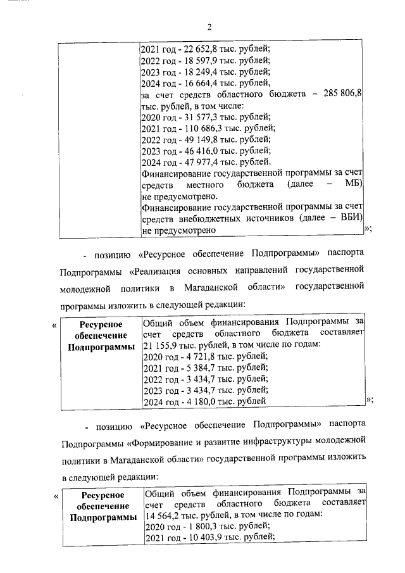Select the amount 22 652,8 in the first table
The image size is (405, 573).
tap(199, 49)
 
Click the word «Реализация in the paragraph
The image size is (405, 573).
tap(158, 272)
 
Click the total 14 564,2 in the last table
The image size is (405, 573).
tap(163, 515)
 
